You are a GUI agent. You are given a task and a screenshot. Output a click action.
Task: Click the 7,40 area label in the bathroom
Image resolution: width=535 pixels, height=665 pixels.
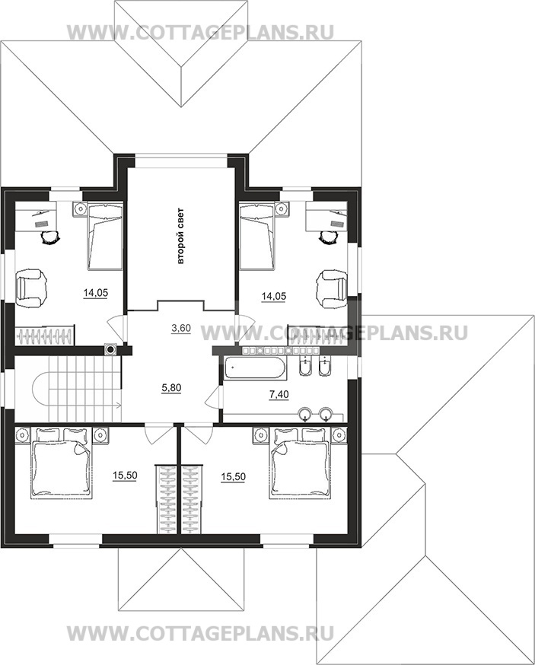click(279, 395)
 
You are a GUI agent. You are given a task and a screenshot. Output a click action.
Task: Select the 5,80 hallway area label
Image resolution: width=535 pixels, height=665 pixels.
click(171, 387)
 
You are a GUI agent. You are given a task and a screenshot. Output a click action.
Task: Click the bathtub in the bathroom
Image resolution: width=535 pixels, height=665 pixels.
click(256, 367)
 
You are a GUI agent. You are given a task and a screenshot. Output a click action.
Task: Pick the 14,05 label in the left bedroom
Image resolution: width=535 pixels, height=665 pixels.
click(96, 293)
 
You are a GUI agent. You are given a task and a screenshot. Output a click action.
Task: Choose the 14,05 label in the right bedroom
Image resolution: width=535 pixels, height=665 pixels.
click(274, 297)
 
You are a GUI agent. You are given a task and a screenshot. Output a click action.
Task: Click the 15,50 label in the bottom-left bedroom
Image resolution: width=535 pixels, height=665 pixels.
click(125, 476)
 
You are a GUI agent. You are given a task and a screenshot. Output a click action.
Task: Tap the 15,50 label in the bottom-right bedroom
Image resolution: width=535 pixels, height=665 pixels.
click(233, 477)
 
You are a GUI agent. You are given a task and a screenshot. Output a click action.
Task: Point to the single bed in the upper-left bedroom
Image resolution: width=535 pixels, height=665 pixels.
click(105, 236)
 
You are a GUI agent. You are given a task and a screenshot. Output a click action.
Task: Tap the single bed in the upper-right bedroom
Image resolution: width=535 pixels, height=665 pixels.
click(257, 236)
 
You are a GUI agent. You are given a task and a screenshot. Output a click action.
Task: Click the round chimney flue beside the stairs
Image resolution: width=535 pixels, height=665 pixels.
click(110, 350)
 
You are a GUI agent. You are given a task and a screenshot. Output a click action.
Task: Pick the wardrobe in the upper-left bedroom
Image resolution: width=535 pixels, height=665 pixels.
click(45, 336)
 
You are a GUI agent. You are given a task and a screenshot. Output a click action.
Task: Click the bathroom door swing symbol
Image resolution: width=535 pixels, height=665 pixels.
click(213, 396)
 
